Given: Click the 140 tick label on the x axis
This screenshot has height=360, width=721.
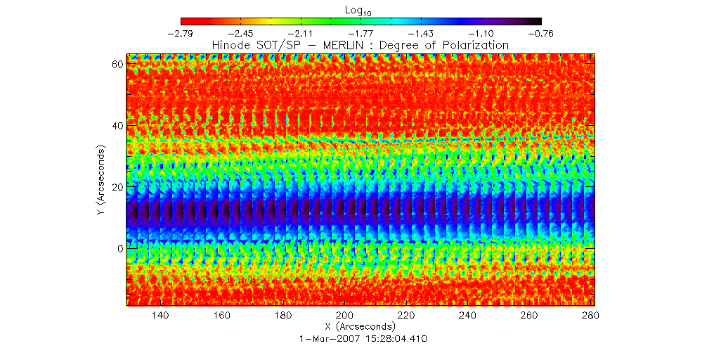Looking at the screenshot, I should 160,316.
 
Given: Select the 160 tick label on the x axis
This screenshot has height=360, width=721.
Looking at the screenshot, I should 222,316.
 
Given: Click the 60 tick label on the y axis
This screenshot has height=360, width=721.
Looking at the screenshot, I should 117,64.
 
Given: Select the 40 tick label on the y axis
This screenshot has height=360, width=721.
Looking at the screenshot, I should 117,126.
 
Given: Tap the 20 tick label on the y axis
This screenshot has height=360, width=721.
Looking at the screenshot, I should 117,187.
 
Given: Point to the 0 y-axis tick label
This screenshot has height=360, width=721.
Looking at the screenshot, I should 120,249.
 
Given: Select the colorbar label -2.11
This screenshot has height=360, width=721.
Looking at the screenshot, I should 301,33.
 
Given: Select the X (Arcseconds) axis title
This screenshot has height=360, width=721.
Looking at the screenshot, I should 360,327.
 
